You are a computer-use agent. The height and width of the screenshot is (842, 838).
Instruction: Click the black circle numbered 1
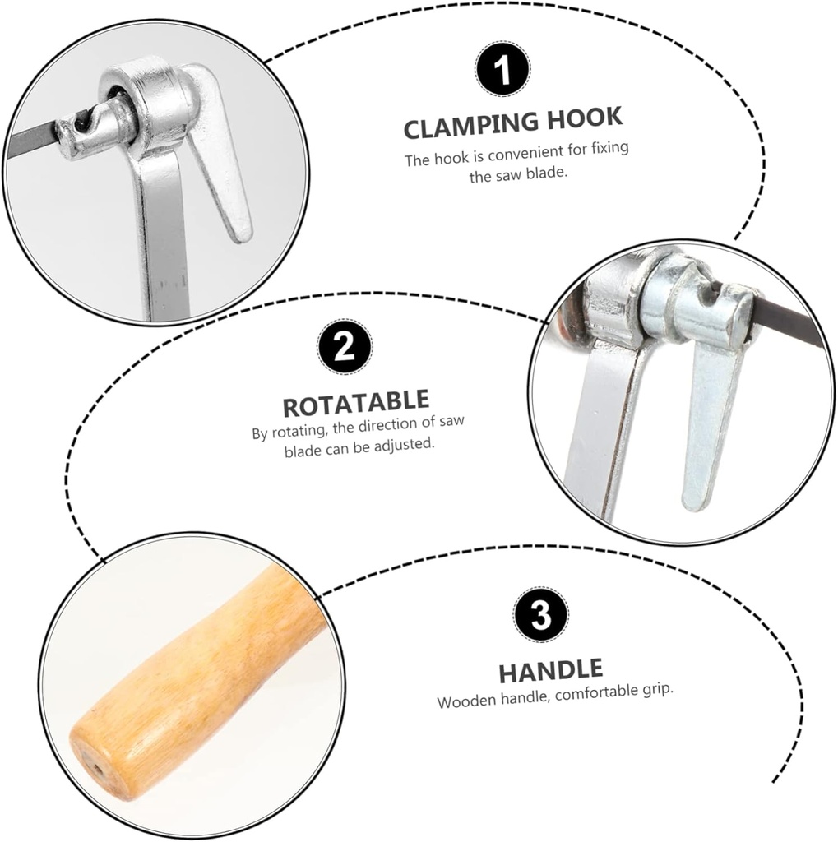tap(502, 70)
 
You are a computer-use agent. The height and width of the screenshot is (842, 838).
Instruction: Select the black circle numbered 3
tap(540, 613)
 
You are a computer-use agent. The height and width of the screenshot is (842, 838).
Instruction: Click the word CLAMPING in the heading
tap(472, 125)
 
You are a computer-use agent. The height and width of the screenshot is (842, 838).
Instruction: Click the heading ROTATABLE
tap(356, 403)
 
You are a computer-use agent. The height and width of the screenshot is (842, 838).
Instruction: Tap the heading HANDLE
tap(551, 671)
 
